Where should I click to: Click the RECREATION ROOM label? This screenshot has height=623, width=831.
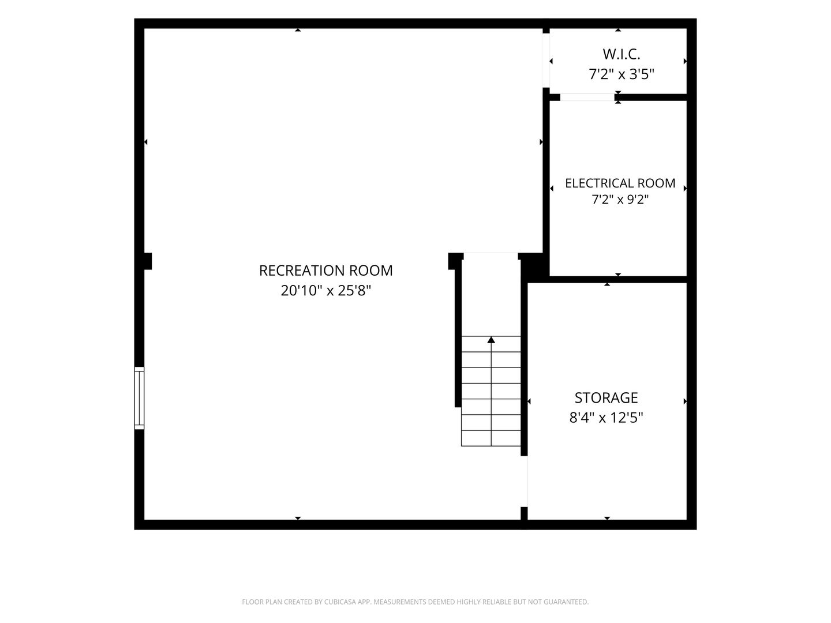point(325,271)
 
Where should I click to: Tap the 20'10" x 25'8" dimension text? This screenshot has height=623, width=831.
point(325,291)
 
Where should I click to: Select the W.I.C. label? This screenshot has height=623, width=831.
point(622,54)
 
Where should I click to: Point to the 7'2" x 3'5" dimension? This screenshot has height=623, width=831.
point(622,74)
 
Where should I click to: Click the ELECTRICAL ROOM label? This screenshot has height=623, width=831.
point(620,183)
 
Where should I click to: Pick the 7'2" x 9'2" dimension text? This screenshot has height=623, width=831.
point(620,200)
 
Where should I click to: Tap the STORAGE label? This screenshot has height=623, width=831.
point(606,397)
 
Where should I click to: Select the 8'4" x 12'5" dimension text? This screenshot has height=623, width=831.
point(606,418)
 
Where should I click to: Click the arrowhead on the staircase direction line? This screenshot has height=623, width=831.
point(491,339)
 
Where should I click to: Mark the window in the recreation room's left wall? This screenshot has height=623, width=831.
point(139,397)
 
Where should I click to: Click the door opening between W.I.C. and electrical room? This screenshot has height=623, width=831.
point(587,97)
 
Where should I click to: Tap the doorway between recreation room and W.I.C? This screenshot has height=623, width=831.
point(546,61)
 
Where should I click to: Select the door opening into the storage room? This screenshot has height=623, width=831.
point(525,481)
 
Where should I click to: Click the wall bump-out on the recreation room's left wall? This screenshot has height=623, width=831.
point(148,261)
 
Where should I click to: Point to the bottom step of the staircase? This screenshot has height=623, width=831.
point(491,438)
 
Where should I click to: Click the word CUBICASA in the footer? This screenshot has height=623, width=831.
point(340,602)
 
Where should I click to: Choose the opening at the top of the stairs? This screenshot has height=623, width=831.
point(491,253)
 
